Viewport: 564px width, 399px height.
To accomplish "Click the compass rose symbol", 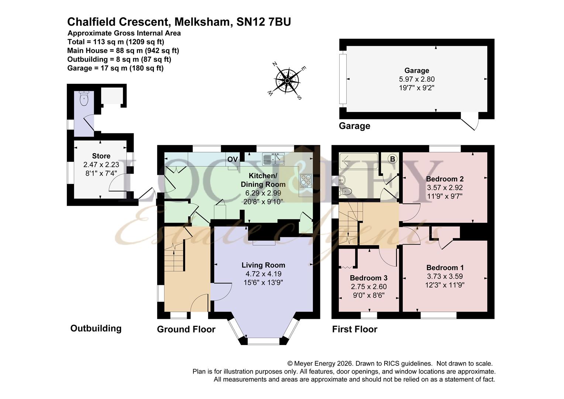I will coord(287,81).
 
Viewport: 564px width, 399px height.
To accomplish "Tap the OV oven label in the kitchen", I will coord(233,159).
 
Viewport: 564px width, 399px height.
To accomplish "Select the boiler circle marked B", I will coord(392,159).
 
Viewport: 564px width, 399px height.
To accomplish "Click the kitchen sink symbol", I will coord(274,159).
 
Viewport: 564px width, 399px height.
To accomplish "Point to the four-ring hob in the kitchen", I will coord(306,181).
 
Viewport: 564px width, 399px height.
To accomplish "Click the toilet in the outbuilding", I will coord(84,98).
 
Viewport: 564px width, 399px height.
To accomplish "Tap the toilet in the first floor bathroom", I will coord(345,191).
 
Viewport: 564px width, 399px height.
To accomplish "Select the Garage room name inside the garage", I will coord(417,71).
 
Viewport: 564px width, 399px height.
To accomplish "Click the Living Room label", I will coord(263,265).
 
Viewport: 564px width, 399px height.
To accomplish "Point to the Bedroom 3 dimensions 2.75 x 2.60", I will coord(368,286).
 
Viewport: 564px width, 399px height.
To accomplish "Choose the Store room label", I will coord(101,156).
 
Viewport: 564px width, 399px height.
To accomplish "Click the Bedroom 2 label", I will coord(445,179).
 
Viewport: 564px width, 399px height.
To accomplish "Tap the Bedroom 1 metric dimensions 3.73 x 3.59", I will coord(445,276).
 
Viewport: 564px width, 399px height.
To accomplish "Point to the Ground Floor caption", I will coord(186,329).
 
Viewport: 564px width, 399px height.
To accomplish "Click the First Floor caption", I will coord(355,329).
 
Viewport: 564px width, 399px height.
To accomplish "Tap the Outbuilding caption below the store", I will coord(96,328).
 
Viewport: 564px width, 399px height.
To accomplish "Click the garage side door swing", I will coord(470,124).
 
